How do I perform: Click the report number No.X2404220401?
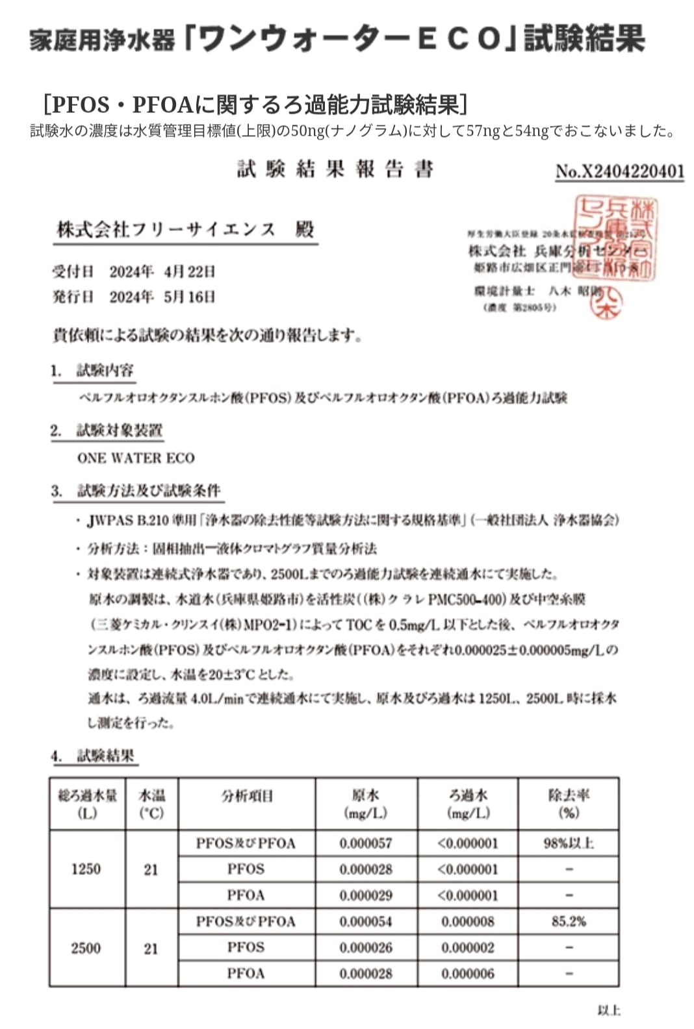tap(619, 171)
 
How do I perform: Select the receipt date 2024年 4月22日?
tap(162, 271)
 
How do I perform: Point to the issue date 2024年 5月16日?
tap(162, 297)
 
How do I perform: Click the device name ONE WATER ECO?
tap(136, 458)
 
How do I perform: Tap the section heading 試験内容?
tap(105, 371)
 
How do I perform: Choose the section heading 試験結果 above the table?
tap(105, 756)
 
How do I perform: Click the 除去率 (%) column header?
tap(569, 804)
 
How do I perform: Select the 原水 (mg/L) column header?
tap(366, 804)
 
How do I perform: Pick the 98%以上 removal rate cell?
tap(569, 843)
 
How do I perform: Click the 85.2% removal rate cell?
tap(569, 921)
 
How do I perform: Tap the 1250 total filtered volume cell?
tap(86, 869)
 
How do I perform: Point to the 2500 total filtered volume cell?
tap(86, 948)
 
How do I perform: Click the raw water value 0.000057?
tap(366, 843)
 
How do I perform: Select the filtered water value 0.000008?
tap(468, 921)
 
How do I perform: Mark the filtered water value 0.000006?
tap(468, 974)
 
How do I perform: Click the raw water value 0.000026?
tap(366, 948)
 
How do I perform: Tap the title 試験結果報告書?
tap(335, 169)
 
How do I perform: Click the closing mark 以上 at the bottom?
tap(608, 1010)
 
